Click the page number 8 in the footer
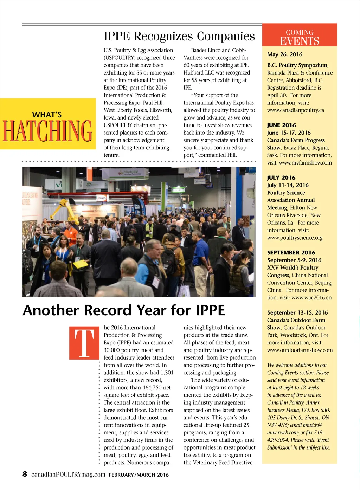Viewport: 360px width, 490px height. click(x=25, y=474)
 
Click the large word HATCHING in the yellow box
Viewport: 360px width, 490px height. click(x=47, y=131)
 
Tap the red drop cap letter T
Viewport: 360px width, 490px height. click(x=84, y=343)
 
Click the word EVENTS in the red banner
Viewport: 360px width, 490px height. click(x=300, y=41)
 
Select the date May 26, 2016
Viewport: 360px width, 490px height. click(x=284, y=54)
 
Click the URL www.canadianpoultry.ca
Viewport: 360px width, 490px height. click(x=295, y=110)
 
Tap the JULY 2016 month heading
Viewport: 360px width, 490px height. click(x=281, y=178)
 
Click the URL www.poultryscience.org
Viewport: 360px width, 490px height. click(x=295, y=238)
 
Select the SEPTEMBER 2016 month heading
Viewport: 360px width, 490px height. click(x=291, y=253)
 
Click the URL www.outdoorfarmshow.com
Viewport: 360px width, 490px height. click(x=300, y=350)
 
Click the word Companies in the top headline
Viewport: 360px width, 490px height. click(x=226, y=36)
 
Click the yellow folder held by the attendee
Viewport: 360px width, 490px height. click(x=81, y=264)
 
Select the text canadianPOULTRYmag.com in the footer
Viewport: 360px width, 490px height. click(x=68, y=475)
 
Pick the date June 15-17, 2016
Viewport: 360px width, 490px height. click(x=289, y=133)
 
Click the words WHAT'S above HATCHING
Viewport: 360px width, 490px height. click(x=47, y=115)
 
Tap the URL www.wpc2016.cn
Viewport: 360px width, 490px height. click(x=311, y=298)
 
